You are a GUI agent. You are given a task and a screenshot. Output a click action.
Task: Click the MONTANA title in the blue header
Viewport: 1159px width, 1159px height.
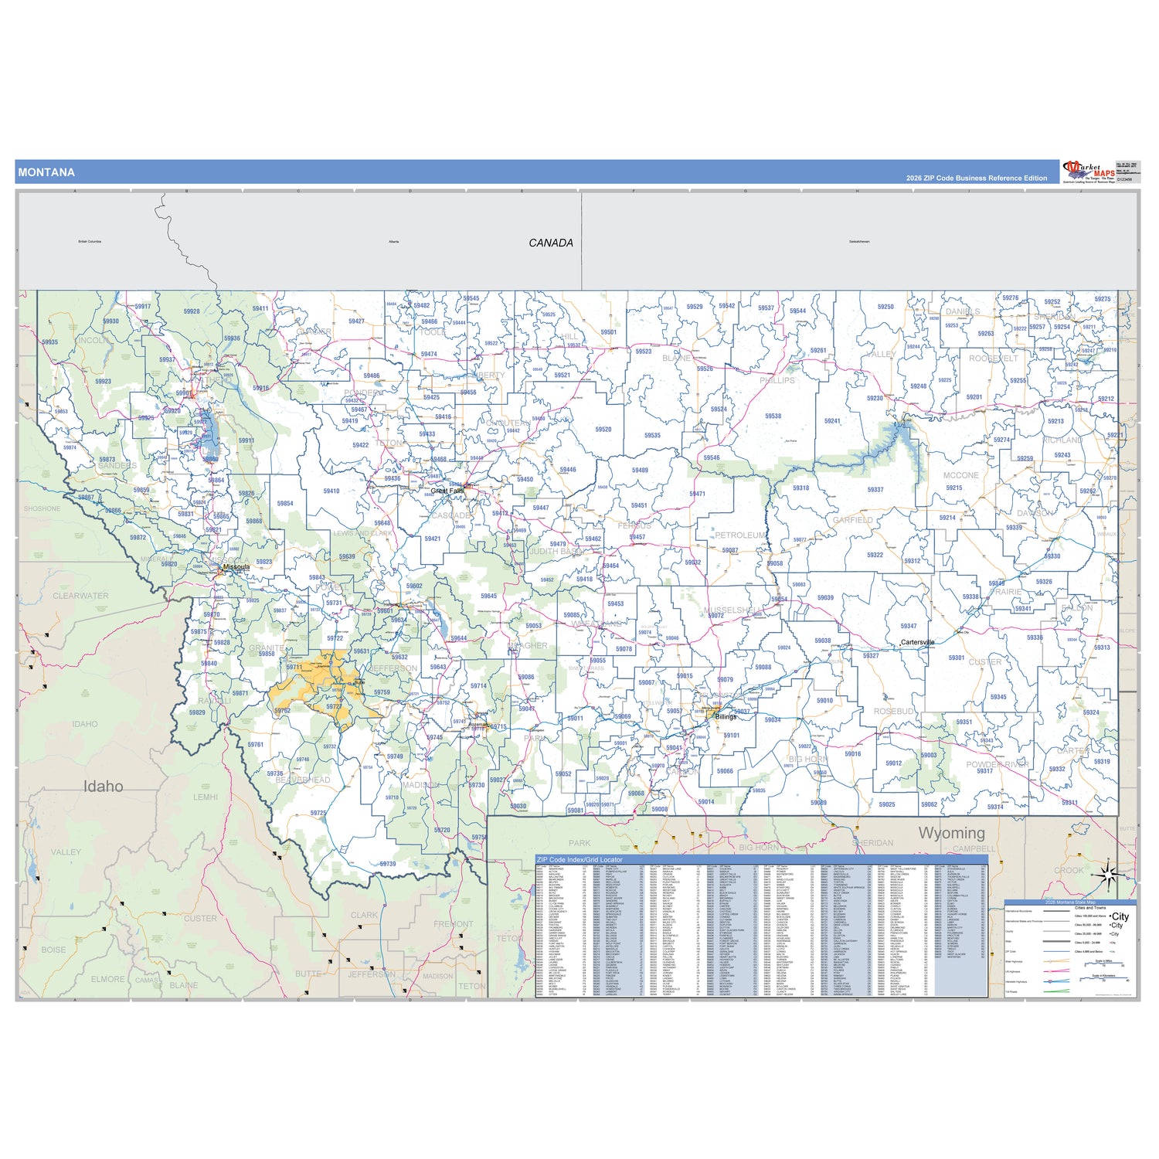(46, 172)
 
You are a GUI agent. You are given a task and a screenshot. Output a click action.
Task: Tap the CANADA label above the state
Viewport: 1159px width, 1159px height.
(551, 243)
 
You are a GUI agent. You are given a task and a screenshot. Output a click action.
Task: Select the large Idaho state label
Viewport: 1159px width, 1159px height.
(103, 786)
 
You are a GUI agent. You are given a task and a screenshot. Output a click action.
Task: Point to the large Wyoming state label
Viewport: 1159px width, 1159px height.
(951, 832)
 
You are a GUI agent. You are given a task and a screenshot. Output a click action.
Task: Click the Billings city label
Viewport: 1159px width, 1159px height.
(726, 717)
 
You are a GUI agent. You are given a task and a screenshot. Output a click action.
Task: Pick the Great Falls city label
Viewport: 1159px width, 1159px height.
(447, 491)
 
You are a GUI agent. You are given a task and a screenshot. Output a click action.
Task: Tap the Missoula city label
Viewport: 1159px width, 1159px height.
(236, 567)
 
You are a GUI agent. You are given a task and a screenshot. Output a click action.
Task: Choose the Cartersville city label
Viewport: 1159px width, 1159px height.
(917, 642)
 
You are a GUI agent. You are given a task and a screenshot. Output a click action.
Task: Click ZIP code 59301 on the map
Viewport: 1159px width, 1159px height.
(957, 658)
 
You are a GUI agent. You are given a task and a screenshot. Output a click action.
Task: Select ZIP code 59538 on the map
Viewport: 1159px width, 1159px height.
(773, 416)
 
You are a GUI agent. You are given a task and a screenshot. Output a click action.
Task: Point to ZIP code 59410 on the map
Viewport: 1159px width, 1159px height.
(331, 491)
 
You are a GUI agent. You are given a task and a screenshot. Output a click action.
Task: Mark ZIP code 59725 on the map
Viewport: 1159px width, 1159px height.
(318, 813)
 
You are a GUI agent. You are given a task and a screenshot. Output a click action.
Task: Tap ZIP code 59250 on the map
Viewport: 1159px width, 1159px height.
(885, 307)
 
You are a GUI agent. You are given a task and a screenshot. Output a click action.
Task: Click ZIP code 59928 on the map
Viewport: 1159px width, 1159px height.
(192, 311)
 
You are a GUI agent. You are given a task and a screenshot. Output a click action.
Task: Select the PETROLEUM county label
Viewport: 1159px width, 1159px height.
(740, 535)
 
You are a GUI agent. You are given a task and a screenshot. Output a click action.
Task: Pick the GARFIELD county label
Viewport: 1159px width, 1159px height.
(853, 520)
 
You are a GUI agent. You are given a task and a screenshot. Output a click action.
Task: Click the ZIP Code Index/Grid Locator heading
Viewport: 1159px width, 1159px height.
(579, 859)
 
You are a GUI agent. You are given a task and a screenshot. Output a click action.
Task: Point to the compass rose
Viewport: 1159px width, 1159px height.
(1107, 875)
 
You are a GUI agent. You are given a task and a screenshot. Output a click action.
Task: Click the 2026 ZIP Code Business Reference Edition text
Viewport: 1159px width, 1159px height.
(977, 178)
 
